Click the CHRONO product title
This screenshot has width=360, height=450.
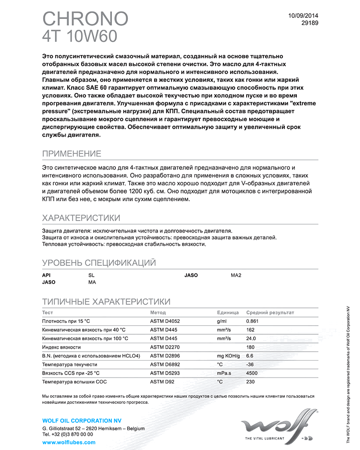[x=85, y=18]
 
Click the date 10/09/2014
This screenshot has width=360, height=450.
[x=303, y=15]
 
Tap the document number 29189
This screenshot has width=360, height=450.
[x=310, y=23]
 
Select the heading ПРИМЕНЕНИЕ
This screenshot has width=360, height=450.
[x=72, y=153]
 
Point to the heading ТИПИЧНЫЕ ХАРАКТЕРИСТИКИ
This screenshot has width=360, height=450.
[x=106, y=301]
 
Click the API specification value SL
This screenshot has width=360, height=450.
[x=91, y=275]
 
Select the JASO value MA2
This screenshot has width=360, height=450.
[x=236, y=275]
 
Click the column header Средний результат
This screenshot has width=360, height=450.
[x=270, y=312]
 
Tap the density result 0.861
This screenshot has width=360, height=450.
[x=253, y=321]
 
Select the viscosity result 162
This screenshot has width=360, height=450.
[x=251, y=330]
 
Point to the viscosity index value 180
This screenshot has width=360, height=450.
[x=251, y=347]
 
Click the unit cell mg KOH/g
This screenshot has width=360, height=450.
[x=228, y=356]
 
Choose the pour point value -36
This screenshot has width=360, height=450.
[x=251, y=365]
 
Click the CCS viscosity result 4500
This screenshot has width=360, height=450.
[x=252, y=373]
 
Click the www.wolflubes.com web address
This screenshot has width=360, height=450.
[x=69, y=442]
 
